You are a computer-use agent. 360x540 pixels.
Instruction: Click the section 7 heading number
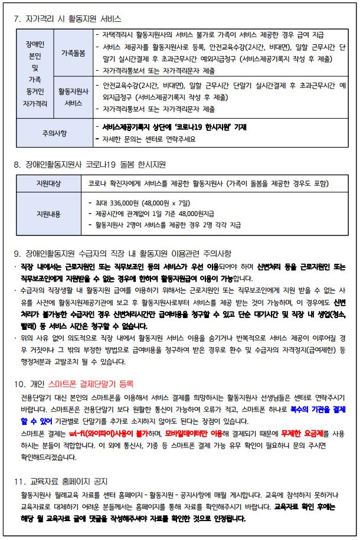17,19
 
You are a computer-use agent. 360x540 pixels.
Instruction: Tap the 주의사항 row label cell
53,133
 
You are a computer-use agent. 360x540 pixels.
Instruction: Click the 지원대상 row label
48,184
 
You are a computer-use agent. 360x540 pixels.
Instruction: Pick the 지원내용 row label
48,212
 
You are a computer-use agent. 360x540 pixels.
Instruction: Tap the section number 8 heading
17,163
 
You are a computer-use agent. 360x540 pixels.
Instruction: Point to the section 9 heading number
17,254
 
